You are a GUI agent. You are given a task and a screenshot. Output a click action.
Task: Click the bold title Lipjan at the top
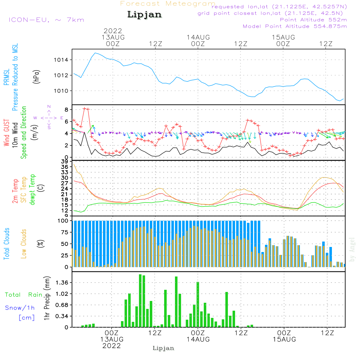[x=144, y=14]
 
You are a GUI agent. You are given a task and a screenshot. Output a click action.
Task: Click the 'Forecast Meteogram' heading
[x=168, y=4]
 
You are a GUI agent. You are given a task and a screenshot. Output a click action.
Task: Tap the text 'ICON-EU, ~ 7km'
[x=46, y=20]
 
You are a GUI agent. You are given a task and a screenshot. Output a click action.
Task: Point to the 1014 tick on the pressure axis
[x=63, y=60]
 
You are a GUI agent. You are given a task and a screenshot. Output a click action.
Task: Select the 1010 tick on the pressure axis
[x=63, y=91]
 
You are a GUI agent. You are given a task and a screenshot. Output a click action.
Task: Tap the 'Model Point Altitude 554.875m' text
[x=295, y=26]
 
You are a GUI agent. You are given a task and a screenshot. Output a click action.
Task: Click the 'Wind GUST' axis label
[x=6, y=134]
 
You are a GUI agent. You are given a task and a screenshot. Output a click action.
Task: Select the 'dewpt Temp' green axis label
[x=32, y=189]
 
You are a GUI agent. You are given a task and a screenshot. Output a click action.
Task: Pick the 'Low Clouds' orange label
[x=24, y=243]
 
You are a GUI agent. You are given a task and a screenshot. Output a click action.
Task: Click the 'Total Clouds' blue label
[x=6, y=243]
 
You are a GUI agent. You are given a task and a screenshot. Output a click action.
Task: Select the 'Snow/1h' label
[x=20, y=308]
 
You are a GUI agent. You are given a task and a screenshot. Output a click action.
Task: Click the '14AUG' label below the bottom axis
[x=198, y=339]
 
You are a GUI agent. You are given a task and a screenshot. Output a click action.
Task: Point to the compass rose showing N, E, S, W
[x=49, y=117]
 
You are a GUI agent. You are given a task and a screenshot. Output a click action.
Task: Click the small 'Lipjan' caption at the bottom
[x=163, y=348]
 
